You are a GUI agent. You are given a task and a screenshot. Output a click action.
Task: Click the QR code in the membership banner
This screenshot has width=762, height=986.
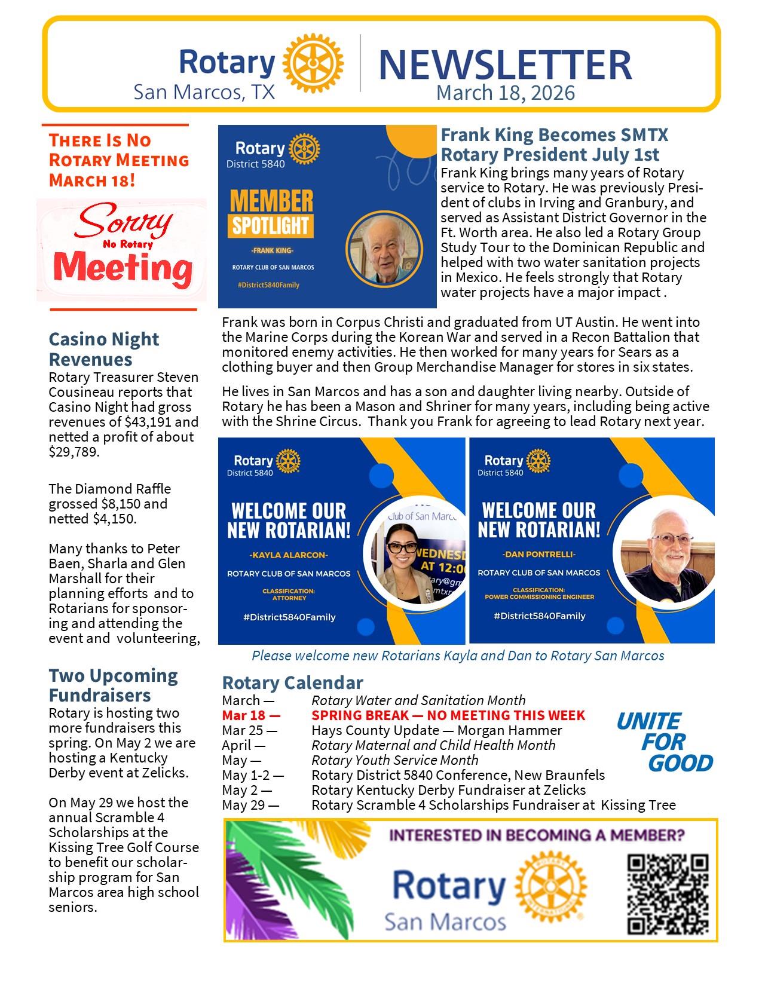coord(668,893)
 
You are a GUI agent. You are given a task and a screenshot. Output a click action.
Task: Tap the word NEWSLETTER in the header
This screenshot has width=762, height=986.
coord(505,65)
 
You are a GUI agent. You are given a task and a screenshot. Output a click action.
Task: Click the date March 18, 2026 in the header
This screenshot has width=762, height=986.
coord(505,93)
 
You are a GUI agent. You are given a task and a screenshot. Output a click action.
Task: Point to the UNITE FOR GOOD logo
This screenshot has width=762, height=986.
coord(665,742)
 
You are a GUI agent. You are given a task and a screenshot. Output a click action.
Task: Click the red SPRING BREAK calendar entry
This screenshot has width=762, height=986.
coord(448,715)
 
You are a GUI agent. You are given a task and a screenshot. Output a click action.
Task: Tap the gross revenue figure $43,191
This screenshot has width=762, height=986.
coord(146,422)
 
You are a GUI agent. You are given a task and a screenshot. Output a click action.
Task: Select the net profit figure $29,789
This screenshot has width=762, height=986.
coord(74,452)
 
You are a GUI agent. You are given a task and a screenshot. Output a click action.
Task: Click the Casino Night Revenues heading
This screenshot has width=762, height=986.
coord(103,349)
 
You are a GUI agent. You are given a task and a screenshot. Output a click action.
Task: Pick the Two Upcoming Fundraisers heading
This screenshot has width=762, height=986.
coord(113,685)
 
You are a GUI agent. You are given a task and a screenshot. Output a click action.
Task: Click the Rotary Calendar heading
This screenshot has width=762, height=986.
coord(292,682)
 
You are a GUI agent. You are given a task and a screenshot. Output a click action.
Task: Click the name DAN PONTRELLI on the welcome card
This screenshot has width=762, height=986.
coord(538,555)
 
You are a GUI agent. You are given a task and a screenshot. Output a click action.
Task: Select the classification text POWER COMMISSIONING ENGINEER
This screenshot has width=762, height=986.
coord(539,596)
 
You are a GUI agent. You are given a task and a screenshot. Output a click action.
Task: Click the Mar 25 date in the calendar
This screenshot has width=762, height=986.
coord(249,730)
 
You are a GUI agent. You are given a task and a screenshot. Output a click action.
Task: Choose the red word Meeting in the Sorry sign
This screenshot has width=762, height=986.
coord(123,267)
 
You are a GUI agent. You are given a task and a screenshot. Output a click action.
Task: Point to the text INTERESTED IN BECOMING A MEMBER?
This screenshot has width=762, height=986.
coord(537,835)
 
